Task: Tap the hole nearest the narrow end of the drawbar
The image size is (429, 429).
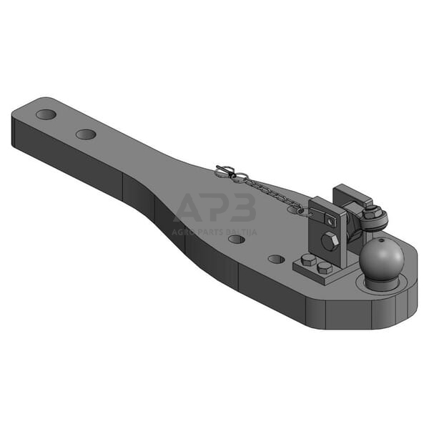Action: click(x=46, y=114)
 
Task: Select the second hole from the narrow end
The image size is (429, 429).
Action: click(x=86, y=134)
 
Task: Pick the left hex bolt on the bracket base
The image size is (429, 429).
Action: click(x=308, y=260)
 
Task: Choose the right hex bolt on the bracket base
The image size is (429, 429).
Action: click(x=324, y=267)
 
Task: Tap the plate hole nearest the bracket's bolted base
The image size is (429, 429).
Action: click(x=276, y=259)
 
